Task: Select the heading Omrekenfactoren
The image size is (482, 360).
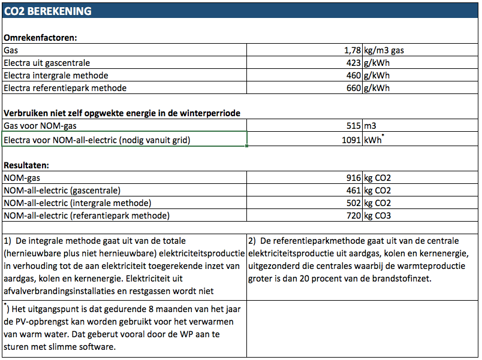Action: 41,38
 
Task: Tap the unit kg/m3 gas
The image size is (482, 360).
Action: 384,50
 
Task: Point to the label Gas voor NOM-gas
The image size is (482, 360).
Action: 40,126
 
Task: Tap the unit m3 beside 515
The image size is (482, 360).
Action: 370,126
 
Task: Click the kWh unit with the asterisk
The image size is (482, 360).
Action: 373,140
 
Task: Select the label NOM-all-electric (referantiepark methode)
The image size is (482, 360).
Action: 87,216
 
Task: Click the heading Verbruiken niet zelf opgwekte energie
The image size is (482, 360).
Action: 122,113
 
